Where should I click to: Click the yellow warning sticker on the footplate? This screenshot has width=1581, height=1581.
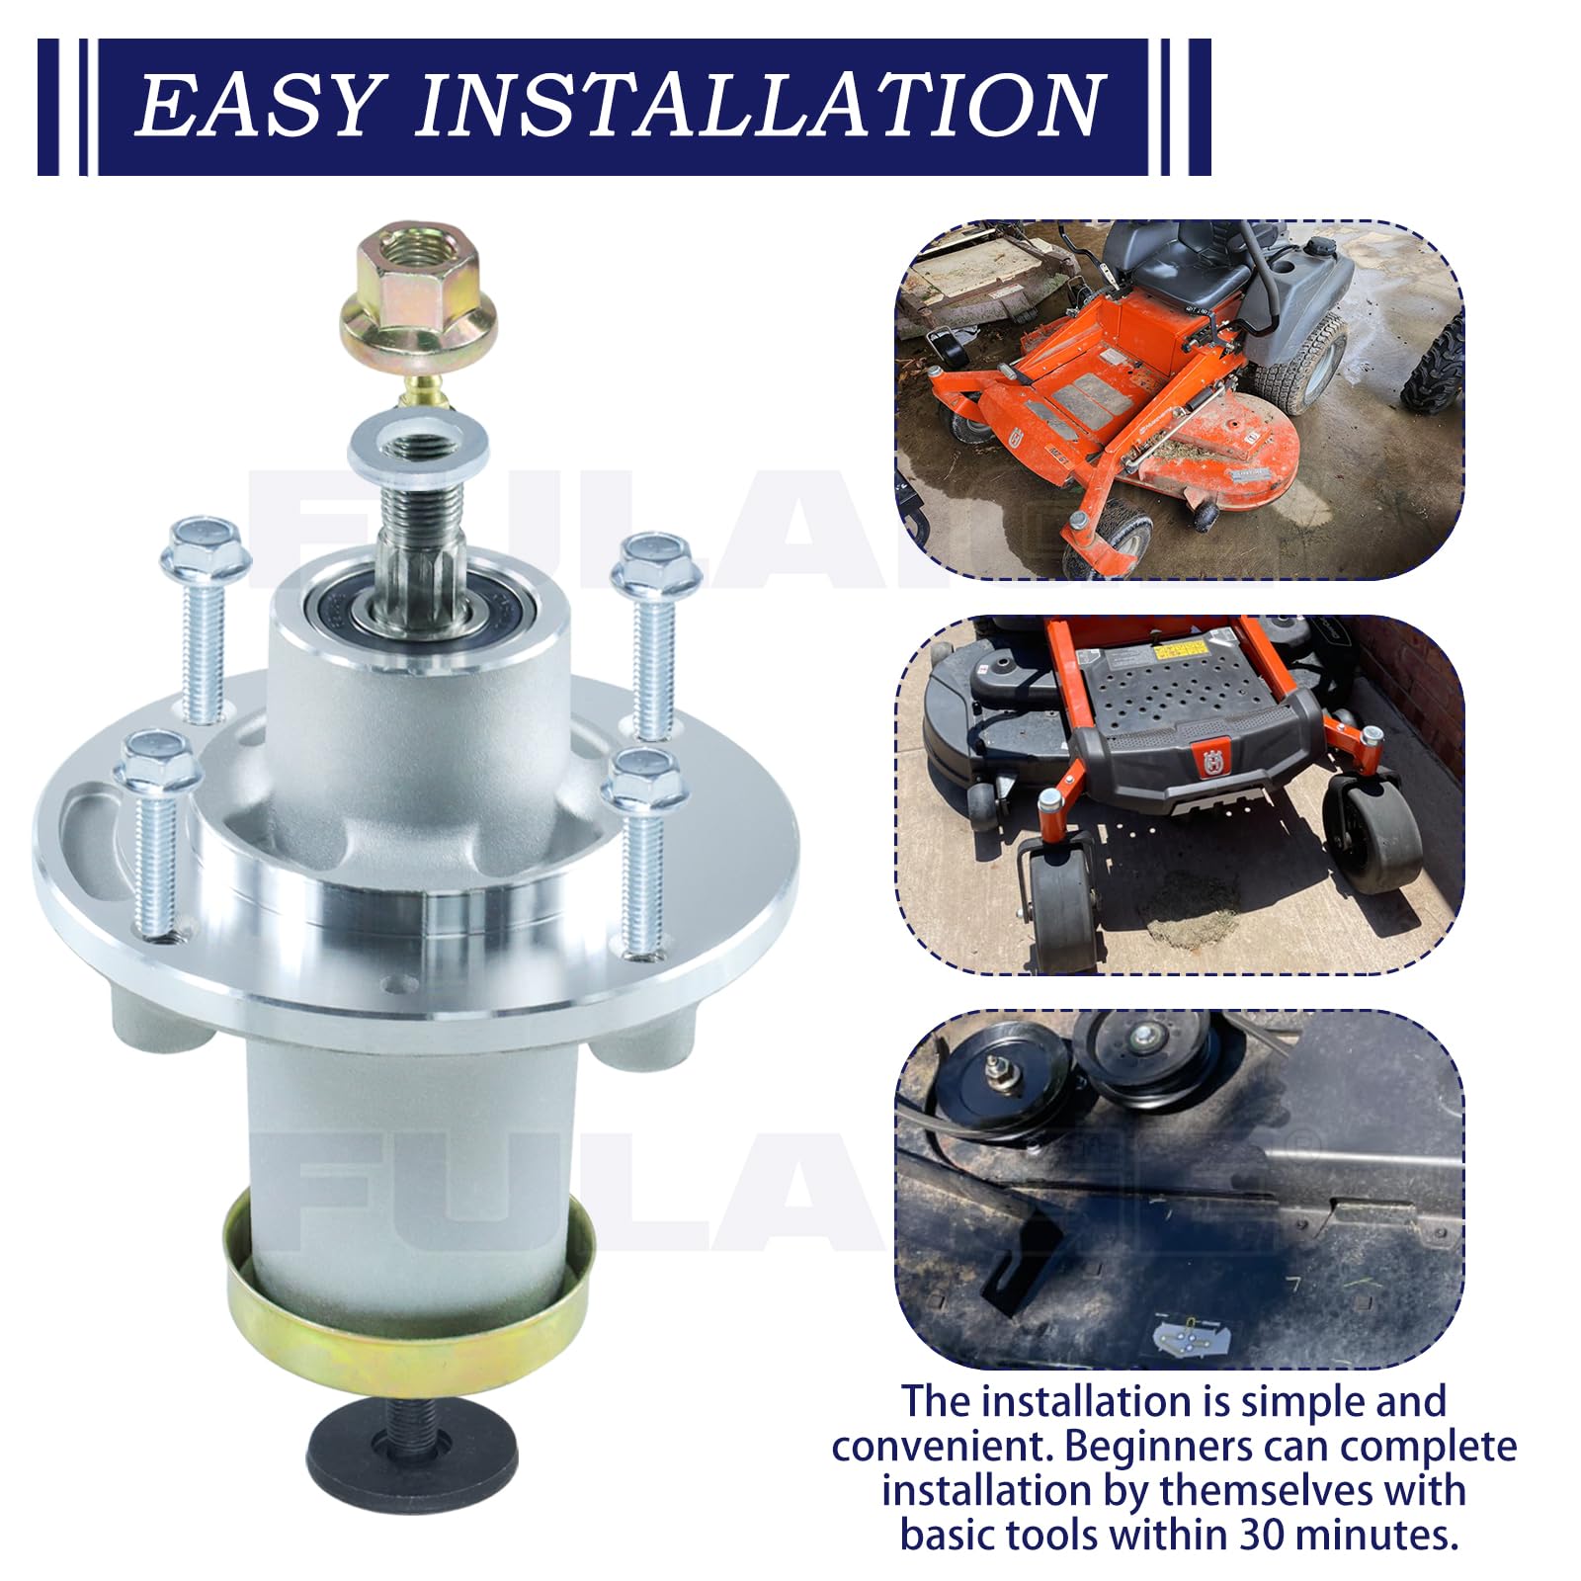1179,650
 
